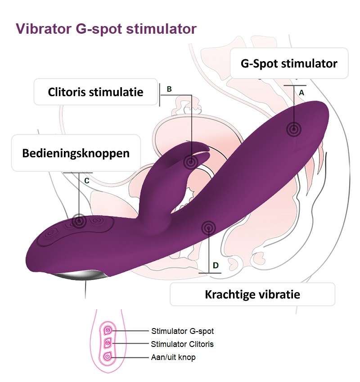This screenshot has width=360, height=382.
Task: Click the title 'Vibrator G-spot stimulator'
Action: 106,29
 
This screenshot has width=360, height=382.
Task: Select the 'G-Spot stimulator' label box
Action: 289,63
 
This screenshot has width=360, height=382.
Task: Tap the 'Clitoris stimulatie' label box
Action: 95,92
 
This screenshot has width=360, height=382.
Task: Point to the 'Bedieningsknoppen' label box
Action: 76,153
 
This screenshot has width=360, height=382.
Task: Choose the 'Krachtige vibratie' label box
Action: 252,294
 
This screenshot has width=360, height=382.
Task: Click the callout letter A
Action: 302,92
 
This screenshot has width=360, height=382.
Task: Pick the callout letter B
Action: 169,89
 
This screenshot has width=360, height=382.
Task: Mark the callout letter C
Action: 87,181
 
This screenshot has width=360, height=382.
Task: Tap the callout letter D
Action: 216,266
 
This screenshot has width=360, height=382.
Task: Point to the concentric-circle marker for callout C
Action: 79,221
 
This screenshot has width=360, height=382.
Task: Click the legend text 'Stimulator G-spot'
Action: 182,331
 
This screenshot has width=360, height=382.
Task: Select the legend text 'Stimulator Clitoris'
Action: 182,344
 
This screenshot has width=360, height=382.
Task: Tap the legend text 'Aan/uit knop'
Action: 173,358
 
